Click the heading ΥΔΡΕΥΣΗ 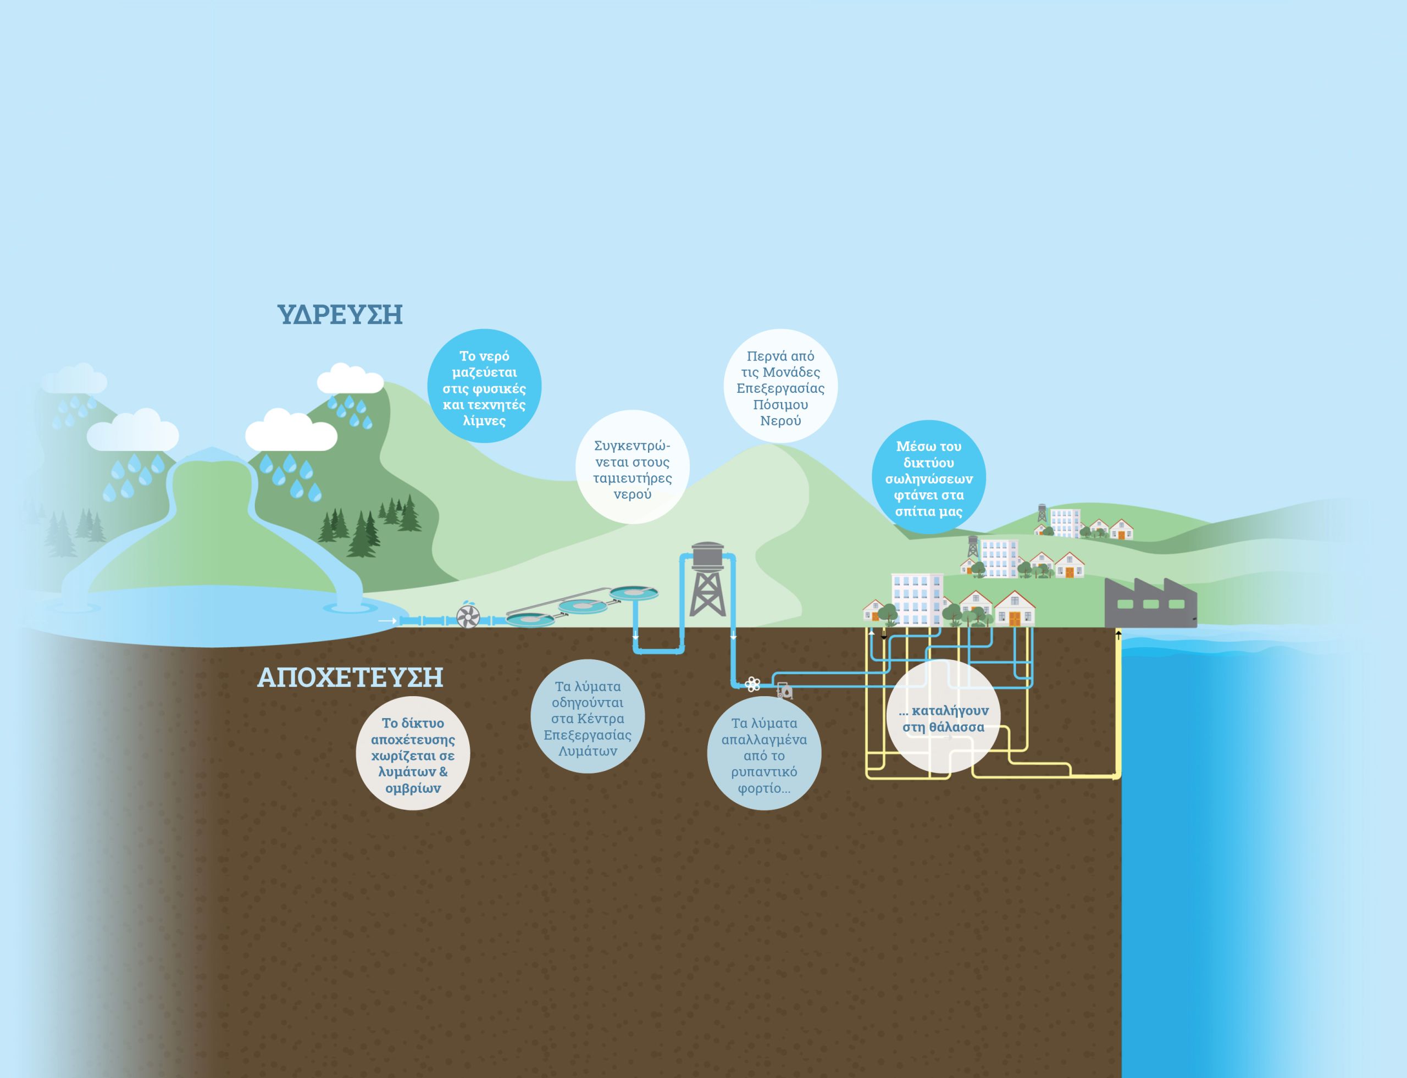(340, 315)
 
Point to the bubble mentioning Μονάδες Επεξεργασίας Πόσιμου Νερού (780, 387)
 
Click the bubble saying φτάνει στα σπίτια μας (929, 478)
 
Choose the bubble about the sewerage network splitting (413, 754)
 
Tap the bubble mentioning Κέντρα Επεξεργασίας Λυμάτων (588, 718)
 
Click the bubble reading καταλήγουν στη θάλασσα (943, 719)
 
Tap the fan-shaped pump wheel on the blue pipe (468, 616)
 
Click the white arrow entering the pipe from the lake (387, 620)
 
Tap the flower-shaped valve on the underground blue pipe (753, 685)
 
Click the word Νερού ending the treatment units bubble (780, 421)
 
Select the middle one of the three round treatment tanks (582, 604)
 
